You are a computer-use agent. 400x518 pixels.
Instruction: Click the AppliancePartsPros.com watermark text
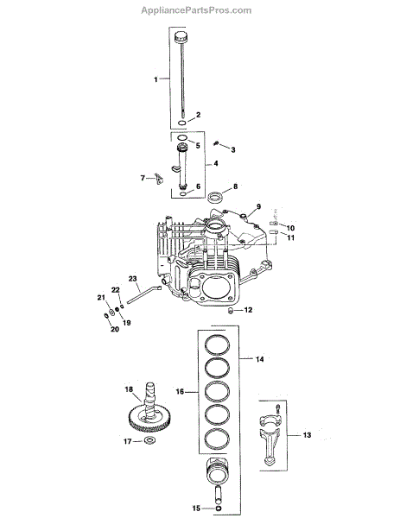196,10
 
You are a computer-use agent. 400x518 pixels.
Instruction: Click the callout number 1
156,79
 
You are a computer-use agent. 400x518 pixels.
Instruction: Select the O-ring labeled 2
182,123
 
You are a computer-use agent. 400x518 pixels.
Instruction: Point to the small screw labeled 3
217,143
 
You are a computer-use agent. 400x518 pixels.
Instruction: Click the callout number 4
215,163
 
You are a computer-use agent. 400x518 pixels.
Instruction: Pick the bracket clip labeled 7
159,179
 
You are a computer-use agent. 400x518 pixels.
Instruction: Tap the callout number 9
258,206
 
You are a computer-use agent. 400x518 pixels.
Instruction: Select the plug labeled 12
232,310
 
